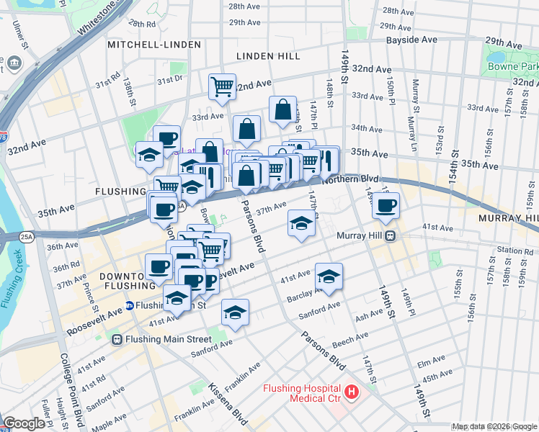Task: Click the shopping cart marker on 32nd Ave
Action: click(x=223, y=86)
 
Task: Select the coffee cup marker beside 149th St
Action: click(x=386, y=205)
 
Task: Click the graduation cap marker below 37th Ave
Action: click(x=301, y=223)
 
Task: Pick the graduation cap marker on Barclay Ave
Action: click(x=329, y=276)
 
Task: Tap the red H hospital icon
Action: click(x=352, y=392)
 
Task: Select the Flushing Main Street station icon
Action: click(x=117, y=338)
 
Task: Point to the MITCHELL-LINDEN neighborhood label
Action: click(x=153, y=45)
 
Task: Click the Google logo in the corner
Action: click(x=24, y=423)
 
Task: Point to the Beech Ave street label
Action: click(x=350, y=336)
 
